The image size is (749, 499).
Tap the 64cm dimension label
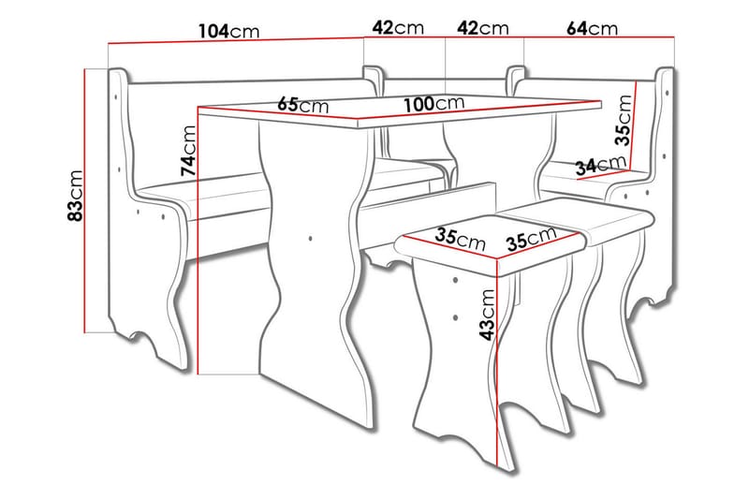point(592,28)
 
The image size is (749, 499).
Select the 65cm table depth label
point(301,104)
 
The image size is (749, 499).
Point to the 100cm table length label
point(434,102)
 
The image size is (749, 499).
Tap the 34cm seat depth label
point(599,167)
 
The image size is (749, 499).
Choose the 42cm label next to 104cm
point(394,28)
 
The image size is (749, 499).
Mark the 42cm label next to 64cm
point(482,28)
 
